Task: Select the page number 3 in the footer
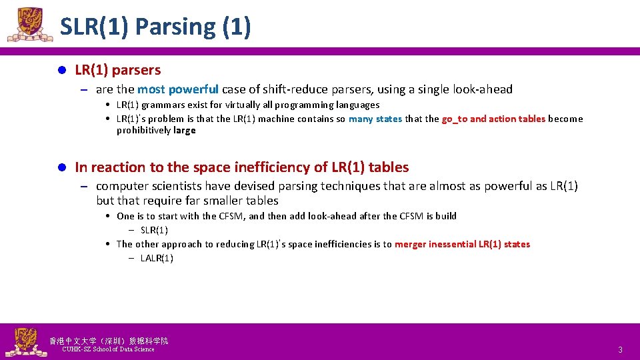tap(620, 350)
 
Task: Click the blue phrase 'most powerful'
tap(178, 89)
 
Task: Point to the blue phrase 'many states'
tap(375, 119)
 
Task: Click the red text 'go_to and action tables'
tap(493, 119)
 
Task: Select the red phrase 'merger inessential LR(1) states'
tap(462, 244)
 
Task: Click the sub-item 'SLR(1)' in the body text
tap(154, 230)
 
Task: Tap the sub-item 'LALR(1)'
tap(157, 258)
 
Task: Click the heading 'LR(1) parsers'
tap(117, 69)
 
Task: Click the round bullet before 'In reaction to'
tap(60, 167)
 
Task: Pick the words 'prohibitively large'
tap(156, 131)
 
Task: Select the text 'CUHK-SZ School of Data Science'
tap(108, 349)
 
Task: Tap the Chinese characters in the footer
tap(109, 341)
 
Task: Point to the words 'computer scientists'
tap(149, 186)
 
